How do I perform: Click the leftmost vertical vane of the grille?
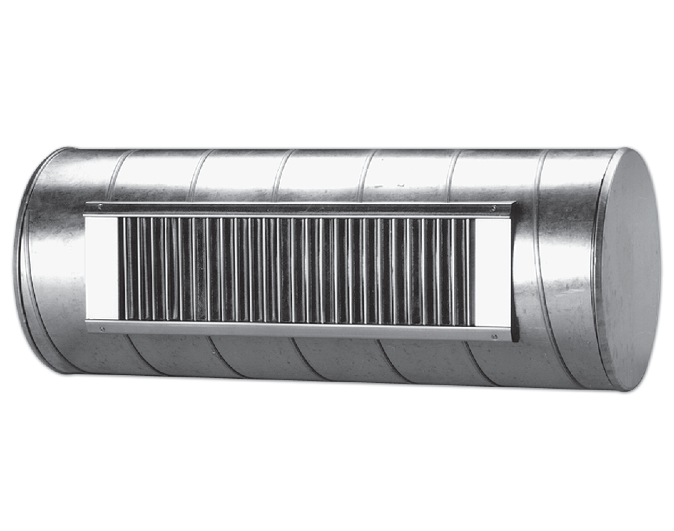pyautogui.click(x=125, y=267)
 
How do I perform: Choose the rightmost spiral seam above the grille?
pyautogui.click(x=542, y=174)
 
